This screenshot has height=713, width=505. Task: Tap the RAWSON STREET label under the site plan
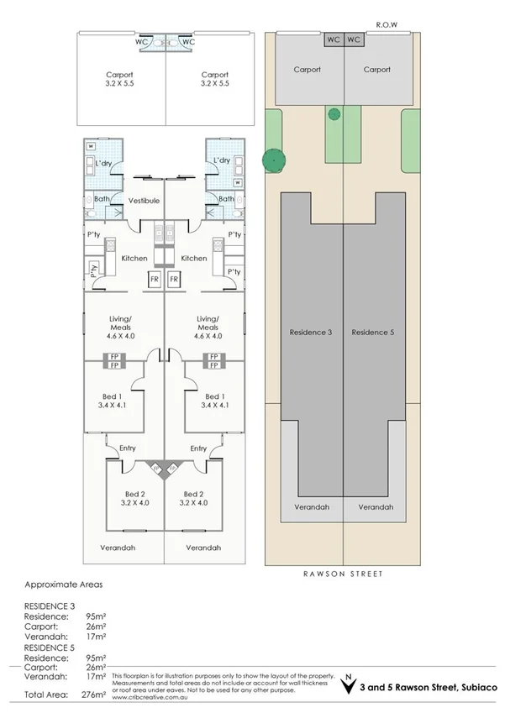pyautogui.click(x=342, y=574)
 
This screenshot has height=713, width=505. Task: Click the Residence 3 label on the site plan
pyautogui.click(x=311, y=333)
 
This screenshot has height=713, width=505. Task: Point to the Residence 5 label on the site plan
pyautogui.click(x=373, y=333)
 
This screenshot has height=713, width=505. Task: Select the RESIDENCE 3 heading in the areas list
pyautogui.click(x=50, y=605)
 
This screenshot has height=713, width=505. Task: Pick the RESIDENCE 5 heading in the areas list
pyautogui.click(x=50, y=647)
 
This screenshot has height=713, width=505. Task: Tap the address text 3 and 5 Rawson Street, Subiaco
pyautogui.click(x=429, y=688)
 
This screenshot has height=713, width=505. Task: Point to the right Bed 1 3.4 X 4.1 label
pyautogui.click(x=214, y=400)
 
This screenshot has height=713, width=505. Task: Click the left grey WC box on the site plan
pyautogui.click(x=333, y=39)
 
